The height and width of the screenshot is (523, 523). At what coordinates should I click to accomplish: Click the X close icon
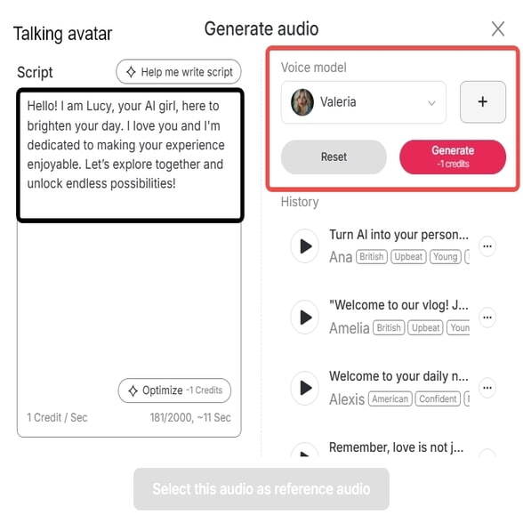pyautogui.click(x=498, y=29)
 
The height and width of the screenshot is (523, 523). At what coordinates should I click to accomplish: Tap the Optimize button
pyautogui.click(x=174, y=390)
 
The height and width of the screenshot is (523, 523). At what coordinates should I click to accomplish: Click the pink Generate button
pyautogui.click(x=453, y=157)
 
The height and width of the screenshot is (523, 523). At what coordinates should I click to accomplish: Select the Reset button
pyautogui.click(x=334, y=157)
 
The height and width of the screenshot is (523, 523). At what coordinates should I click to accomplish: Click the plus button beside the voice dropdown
pyautogui.click(x=482, y=102)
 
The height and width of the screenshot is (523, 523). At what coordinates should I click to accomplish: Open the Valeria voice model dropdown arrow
pyautogui.click(x=432, y=103)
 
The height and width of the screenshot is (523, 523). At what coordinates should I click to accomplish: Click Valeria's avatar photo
pyautogui.click(x=302, y=102)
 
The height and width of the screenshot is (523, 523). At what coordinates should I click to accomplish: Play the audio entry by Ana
pyautogui.click(x=306, y=245)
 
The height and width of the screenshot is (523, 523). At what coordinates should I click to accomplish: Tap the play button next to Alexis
pyautogui.click(x=306, y=388)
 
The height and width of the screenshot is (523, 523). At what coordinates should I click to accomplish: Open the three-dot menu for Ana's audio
pyautogui.click(x=487, y=245)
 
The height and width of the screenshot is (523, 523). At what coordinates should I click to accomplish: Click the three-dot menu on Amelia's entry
pyautogui.click(x=487, y=317)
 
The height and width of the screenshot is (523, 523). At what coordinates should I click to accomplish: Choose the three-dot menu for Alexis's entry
pyautogui.click(x=487, y=388)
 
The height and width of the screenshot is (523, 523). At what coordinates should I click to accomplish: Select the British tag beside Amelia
pyautogui.click(x=389, y=327)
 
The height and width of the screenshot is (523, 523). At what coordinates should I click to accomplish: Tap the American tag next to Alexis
pyautogui.click(x=390, y=399)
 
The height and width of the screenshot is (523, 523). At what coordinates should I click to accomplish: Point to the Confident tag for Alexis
pyautogui.click(x=438, y=399)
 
